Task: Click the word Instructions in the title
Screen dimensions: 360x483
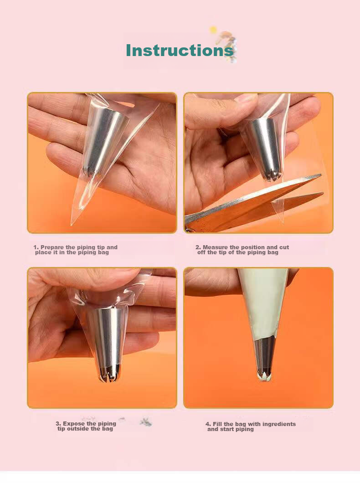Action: coord(180,51)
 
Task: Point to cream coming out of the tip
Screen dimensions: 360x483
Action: coord(263,376)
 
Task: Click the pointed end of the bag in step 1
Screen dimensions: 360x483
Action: coord(72,224)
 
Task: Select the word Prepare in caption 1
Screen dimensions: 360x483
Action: coord(52,247)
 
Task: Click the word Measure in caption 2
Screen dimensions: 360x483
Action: coord(215,247)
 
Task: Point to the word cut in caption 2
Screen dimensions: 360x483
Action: coord(284,247)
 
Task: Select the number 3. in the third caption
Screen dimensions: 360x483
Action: coord(58,424)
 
